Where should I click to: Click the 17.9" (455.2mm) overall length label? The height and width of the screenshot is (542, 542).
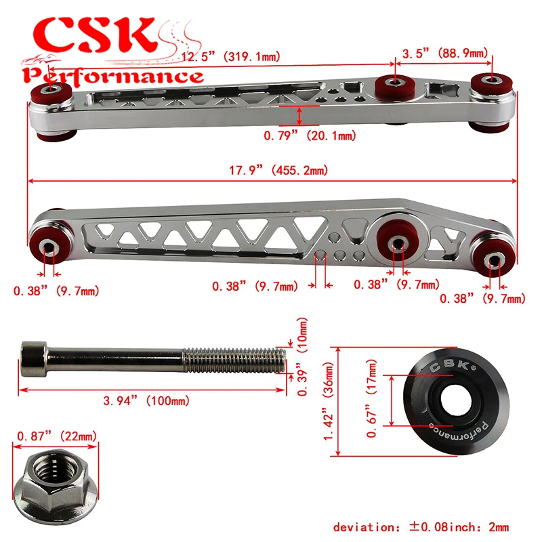coord(278,170)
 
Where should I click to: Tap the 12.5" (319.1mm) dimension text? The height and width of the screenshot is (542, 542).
coord(230,56)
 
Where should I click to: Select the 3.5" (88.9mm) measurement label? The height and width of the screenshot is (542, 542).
coord(445,54)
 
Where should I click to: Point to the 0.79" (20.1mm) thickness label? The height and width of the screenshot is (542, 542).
coord(310,135)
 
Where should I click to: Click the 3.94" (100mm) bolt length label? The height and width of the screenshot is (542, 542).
coord(146,400)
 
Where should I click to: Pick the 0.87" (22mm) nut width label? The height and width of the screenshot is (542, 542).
coord(57,436)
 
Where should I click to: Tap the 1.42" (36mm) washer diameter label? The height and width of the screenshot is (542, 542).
coord(329,401)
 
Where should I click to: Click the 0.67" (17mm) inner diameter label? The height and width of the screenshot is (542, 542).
coord(371,398)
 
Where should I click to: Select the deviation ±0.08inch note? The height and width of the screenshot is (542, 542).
coord(421,527)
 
